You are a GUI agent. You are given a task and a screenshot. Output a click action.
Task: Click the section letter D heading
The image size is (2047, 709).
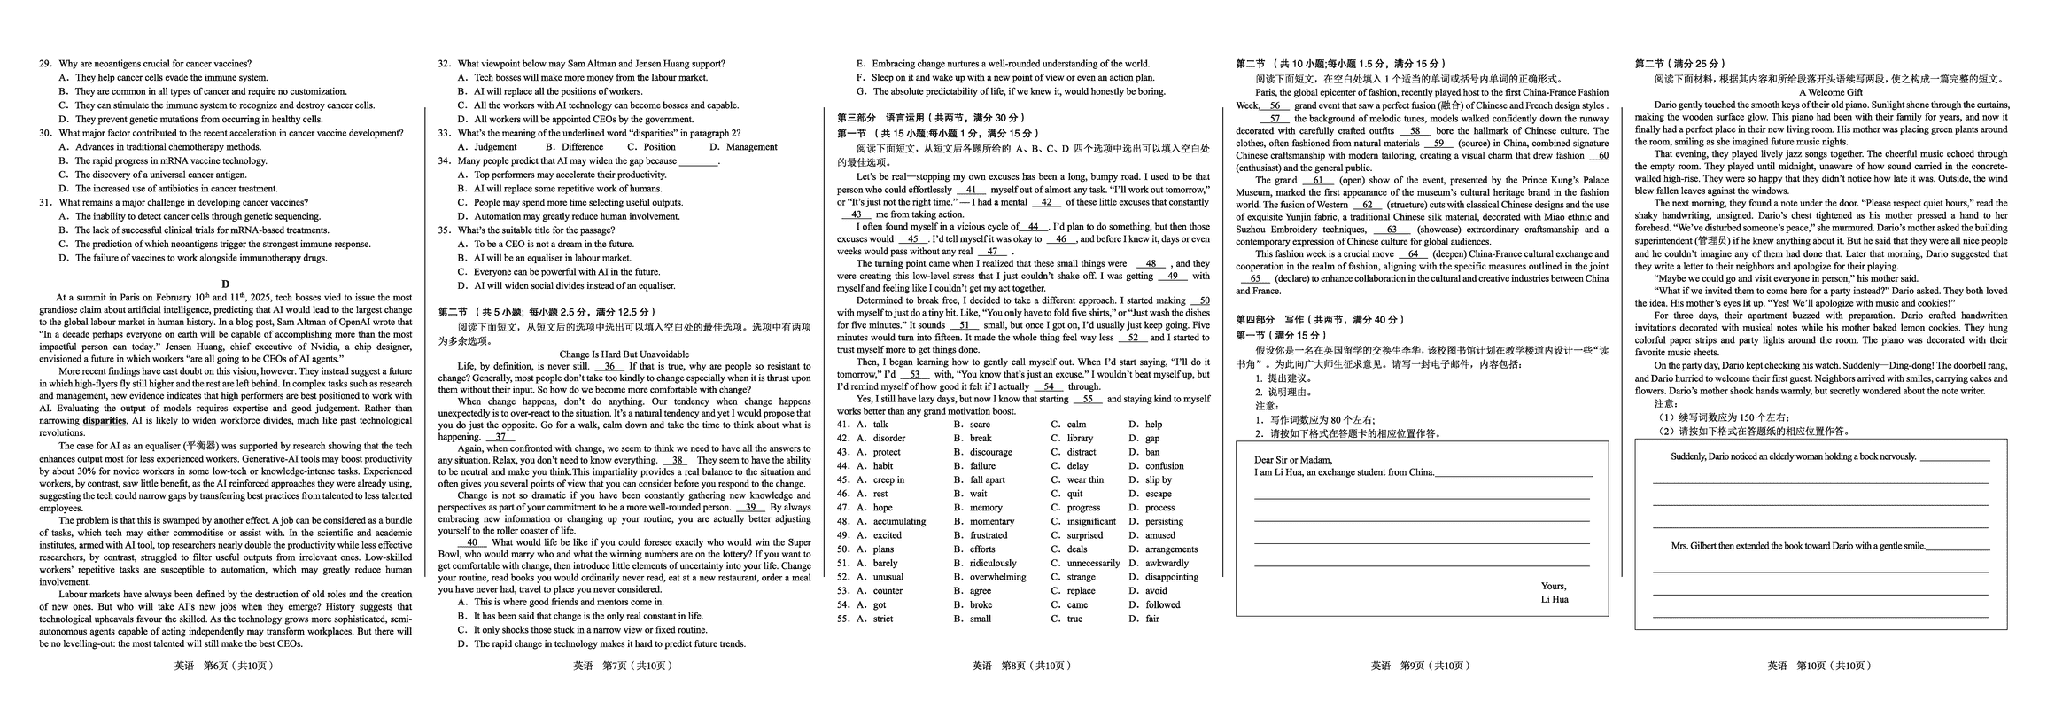pyautogui.click(x=226, y=284)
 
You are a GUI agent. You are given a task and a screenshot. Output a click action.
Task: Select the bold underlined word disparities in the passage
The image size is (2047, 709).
pyautogui.click(x=105, y=421)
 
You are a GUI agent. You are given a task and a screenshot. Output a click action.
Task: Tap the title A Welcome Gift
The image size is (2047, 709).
pyautogui.click(x=1830, y=92)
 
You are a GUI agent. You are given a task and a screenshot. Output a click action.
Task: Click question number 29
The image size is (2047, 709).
pyautogui.click(x=45, y=64)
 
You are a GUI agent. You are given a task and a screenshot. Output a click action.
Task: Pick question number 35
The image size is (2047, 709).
pyautogui.click(x=444, y=230)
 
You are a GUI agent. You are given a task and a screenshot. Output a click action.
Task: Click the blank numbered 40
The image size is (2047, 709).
pyautogui.click(x=471, y=542)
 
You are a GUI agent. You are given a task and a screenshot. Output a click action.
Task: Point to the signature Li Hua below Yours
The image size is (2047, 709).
pyautogui.click(x=1555, y=599)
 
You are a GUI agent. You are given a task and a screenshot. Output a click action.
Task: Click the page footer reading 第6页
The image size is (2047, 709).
pyautogui.click(x=225, y=666)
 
